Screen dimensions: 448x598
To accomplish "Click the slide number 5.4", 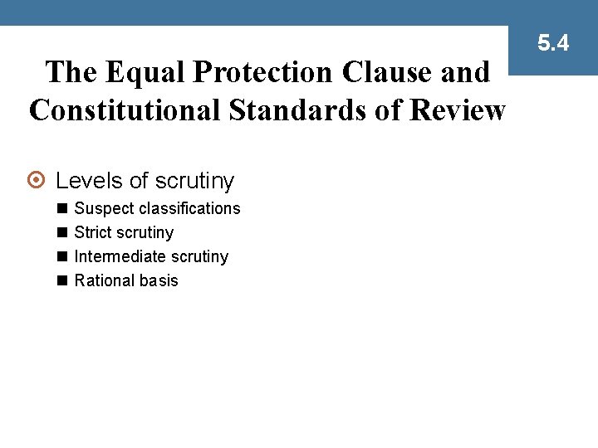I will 553,42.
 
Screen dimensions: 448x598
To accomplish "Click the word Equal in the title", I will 146,73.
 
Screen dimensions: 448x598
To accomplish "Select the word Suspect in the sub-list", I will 102,208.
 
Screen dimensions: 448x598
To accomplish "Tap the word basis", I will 159,280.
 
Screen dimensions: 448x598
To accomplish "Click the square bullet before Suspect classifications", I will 62,208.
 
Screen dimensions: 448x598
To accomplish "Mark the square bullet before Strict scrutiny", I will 62,232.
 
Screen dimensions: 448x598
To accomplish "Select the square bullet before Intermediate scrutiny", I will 62,256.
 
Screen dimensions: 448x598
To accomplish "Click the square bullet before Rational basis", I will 62,280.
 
